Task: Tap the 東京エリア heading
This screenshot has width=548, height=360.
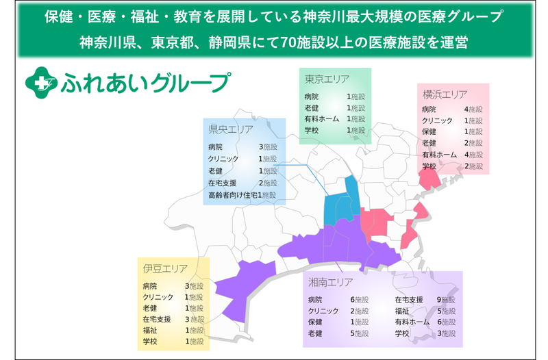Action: pyautogui.click(x=327, y=79)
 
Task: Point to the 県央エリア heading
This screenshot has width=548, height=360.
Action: pyautogui.click(x=231, y=129)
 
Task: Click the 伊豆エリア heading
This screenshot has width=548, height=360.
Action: pyautogui.click(x=165, y=268)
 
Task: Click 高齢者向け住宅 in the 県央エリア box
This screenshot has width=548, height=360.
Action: pyautogui.click(x=231, y=195)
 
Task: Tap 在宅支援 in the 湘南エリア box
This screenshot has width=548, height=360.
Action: pyautogui.click(x=408, y=299)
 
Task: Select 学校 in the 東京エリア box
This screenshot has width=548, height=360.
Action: pyautogui.click(x=312, y=130)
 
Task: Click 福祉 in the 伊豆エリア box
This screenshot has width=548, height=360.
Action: pyautogui.click(x=150, y=330)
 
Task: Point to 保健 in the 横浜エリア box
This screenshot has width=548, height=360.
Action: pyautogui.click(x=429, y=131)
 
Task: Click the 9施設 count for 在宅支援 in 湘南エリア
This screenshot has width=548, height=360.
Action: pyautogui.click(x=446, y=299)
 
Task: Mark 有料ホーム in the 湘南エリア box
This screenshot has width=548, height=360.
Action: pyautogui.click(x=412, y=322)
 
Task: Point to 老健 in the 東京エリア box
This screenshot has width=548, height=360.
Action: pyautogui.click(x=312, y=107)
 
